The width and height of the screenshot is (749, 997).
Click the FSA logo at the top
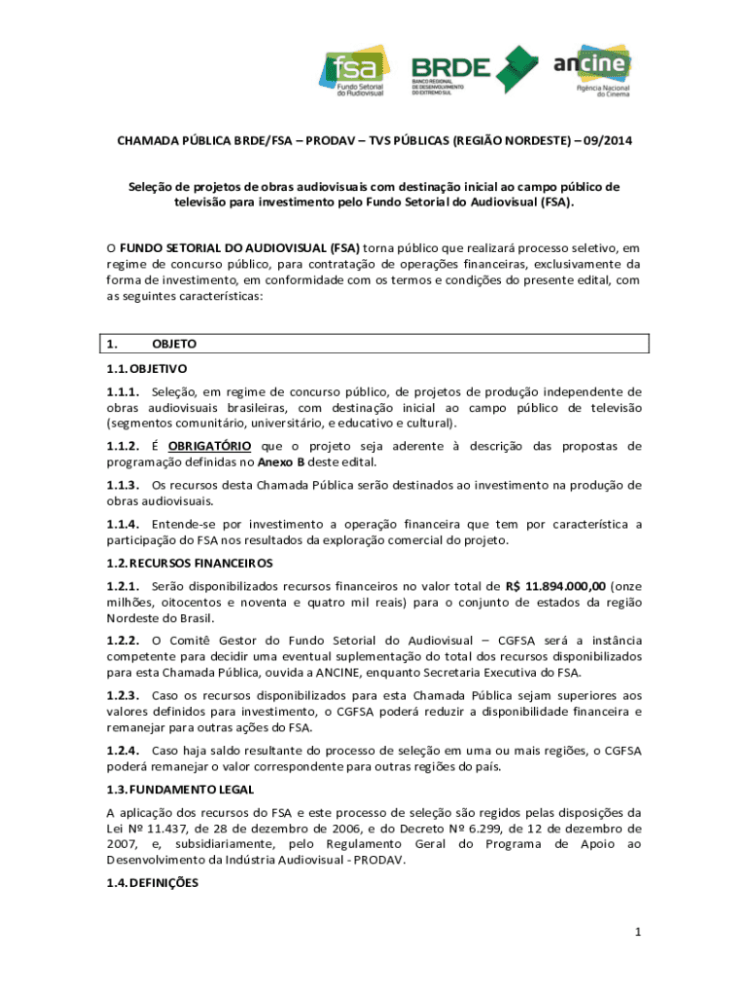tap(356, 71)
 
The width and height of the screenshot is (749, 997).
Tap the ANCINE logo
tap(592, 70)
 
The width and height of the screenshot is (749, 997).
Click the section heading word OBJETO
tap(175, 344)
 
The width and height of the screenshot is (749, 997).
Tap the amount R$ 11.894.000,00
tap(555, 586)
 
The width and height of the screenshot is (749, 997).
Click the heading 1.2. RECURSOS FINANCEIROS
tap(190, 563)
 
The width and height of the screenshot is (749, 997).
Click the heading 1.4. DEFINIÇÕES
tap(153, 883)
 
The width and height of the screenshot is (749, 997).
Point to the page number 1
tap(638, 933)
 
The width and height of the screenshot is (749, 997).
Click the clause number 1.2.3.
tap(124, 695)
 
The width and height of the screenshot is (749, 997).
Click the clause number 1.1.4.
tap(124, 525)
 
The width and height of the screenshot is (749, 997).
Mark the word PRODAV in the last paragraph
tap(380, 860)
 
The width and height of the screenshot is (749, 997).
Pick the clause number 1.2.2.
tap(124, 641)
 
